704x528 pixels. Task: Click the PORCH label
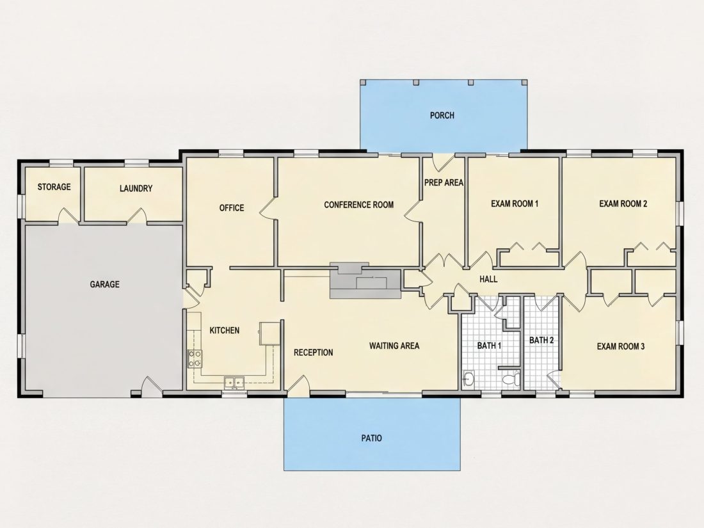click(442, 115)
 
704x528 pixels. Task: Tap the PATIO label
click(372, 438)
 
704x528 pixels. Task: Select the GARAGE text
click(104, 284)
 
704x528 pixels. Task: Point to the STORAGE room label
click(54, 187)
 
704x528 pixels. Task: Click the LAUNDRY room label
click(136, 189)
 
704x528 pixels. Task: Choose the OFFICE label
click(232, 208)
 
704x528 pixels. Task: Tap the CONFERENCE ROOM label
click(359, 205)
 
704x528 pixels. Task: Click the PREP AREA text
click(444, 183)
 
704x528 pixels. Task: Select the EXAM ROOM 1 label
click(515, 204)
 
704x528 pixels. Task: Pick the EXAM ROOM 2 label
click(623, 204)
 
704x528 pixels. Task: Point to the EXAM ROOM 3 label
click(621, 346)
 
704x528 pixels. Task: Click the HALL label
click(488, 279)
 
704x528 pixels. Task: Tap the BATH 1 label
click(489, 346)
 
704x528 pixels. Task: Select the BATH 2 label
click(541, 340)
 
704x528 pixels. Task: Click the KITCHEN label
click(225, 330)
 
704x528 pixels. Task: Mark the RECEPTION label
click(314, 353)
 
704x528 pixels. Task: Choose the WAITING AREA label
click(394, 346)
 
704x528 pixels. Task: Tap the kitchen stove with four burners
click(195, 359)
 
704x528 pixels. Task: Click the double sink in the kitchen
click(234, 383)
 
